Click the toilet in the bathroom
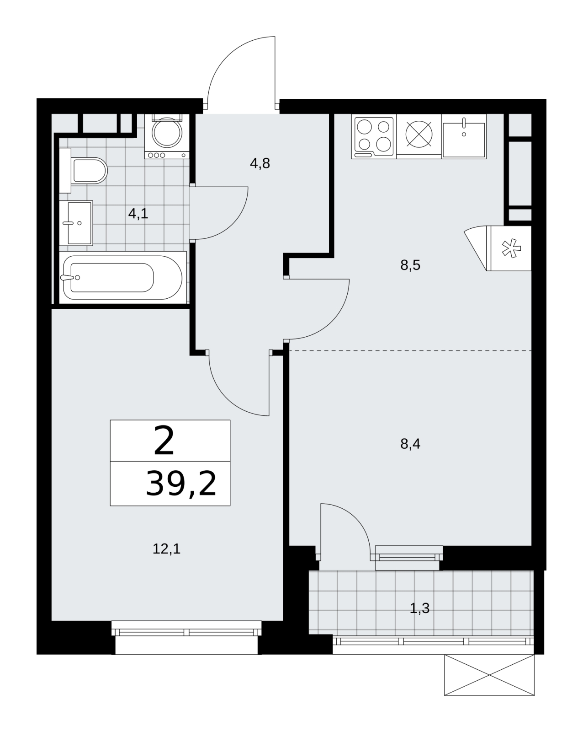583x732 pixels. click(83, 170)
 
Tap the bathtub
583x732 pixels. click(122, 278)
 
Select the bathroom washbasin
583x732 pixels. click(76, 223)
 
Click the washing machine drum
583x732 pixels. click(167, 132)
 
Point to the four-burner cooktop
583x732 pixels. click(374, 136)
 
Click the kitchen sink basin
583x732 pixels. click(464, 140)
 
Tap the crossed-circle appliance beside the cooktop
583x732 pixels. click(419, 134)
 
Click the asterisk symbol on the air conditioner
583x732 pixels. click(511, 248)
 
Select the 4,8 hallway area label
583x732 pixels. click(260, 164)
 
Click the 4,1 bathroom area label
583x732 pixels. click(138, 214)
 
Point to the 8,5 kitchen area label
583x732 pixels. click(410, 265)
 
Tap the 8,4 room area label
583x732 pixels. click(410, 444)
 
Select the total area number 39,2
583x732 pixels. click(181, 484)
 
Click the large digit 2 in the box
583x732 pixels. click(164, 441)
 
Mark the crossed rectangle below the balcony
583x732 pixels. click(489, 675)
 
